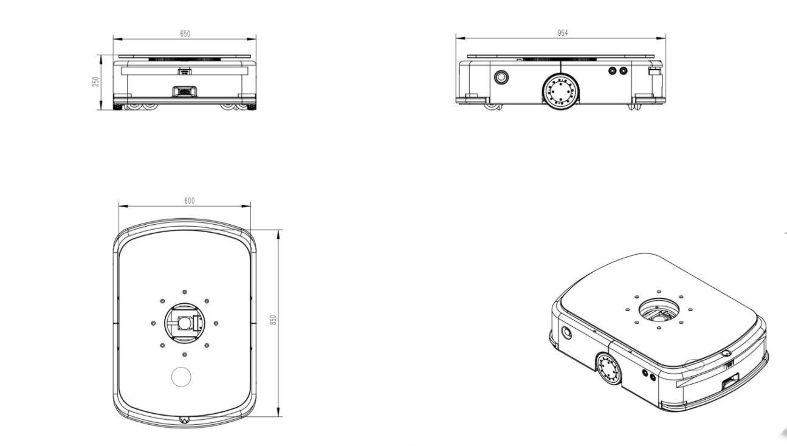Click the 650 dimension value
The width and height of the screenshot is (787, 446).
(x=185, y=33)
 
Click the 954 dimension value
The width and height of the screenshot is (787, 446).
(x=563, y=33)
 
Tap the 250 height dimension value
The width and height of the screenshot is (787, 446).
(x=95, y=82)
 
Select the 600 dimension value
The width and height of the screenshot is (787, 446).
(x=190, y=201)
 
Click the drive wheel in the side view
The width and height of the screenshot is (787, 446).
(x=560, y=91)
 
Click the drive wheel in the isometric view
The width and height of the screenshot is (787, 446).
(x=608, y=368)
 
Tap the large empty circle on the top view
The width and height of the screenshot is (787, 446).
(x=181, y=377)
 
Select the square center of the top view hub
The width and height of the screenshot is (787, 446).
(x=184, y=323)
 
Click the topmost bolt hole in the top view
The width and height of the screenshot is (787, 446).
(x=185, y=292)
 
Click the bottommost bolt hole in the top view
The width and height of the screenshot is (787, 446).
(x=185, y=354)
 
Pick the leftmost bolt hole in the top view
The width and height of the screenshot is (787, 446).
(x=153, y=323)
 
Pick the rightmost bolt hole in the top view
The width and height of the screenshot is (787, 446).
(x=216, y=323)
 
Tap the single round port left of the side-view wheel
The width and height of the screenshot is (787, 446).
(x=501, y=77)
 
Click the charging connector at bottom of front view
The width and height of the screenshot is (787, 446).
(x=185, y=91)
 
